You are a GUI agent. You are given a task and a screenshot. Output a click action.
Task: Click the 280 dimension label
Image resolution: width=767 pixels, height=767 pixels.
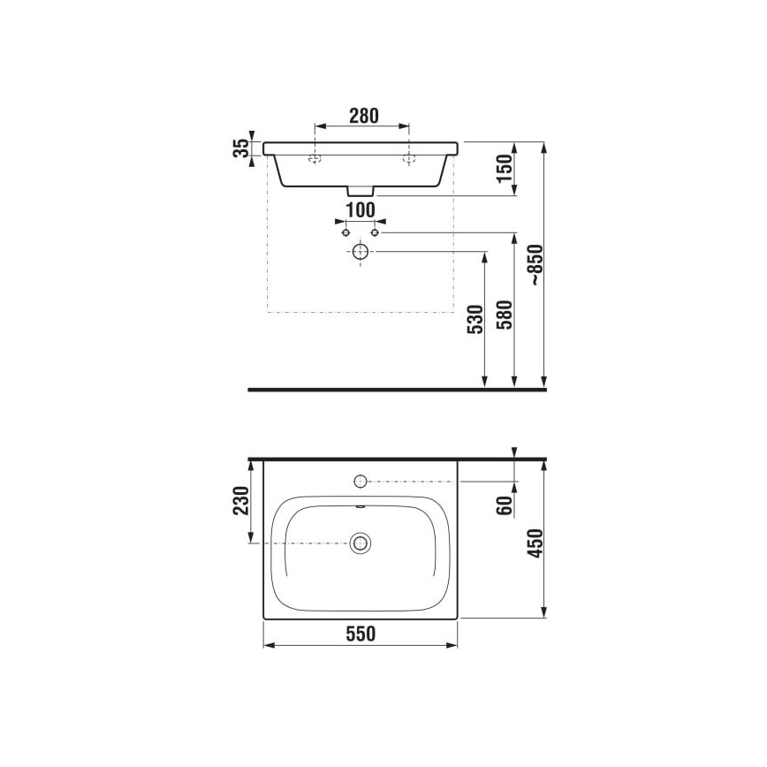point(363,115)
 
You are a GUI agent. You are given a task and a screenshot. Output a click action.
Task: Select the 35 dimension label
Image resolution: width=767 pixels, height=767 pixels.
point(239,149)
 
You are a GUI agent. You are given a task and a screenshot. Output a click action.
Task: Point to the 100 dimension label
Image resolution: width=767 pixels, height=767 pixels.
point(360,211)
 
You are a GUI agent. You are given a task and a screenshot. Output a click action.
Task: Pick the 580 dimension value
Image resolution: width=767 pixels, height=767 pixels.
point(504,317)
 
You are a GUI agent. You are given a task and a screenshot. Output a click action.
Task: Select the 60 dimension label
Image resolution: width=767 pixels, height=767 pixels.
point(505,507)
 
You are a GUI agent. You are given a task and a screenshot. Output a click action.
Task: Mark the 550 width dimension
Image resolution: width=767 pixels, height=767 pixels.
point(361,634)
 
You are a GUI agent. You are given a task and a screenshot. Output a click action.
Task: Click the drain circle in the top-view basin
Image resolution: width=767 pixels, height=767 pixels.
point(360,543)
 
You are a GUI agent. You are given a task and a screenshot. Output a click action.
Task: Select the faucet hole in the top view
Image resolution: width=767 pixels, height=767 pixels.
point(360,481)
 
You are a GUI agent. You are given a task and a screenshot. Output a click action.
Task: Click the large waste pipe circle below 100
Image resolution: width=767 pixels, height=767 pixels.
point(360,252)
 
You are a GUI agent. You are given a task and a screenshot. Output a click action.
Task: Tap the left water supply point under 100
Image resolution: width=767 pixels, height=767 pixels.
point(346,232)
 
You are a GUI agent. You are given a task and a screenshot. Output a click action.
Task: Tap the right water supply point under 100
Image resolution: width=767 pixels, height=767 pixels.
point(375,232)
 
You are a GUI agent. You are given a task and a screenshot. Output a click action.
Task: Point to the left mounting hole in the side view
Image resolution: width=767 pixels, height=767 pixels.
point(314,160)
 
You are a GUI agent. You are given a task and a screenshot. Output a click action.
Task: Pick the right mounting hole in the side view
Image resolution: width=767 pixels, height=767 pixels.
point(408,160)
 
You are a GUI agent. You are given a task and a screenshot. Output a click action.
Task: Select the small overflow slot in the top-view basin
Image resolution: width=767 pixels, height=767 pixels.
point(360,506)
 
